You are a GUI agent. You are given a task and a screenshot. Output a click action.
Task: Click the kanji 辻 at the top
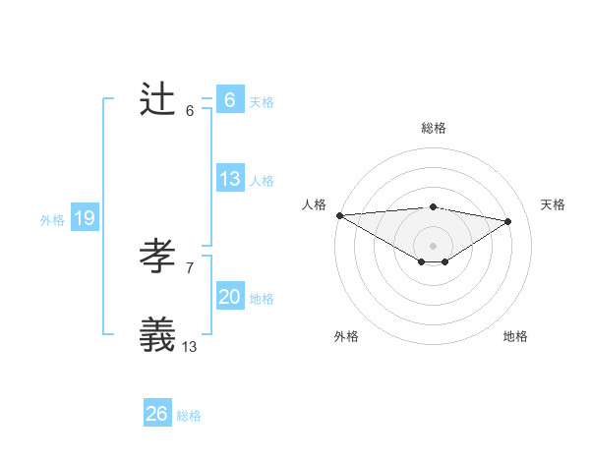pos(157,99)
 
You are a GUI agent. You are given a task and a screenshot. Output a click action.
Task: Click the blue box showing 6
pos(229,100)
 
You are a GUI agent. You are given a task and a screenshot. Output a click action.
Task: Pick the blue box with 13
pos(229,179)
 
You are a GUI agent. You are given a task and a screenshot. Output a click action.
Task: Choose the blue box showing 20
pos(229,297)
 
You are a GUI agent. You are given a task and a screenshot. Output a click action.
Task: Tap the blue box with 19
pos(84,218)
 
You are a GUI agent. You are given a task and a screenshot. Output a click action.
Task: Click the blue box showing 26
pos(156,414)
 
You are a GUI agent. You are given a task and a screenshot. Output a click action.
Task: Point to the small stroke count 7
pos(189,267)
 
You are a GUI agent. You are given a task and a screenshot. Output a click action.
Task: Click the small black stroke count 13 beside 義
pos(189,346)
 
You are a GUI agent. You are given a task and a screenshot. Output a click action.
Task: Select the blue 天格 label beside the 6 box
pos(262,101)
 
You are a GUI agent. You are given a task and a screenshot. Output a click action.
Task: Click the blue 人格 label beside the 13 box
pos(262,180)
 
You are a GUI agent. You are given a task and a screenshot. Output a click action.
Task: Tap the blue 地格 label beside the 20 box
pos(262,298)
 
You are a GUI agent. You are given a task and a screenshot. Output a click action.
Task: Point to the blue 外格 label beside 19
pos(52,220)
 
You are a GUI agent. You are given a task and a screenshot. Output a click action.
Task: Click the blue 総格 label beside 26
pos(189,416)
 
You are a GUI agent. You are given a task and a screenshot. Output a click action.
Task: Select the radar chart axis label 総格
pos(433,128)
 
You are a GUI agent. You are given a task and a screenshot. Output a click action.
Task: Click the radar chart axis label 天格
pos(554,204)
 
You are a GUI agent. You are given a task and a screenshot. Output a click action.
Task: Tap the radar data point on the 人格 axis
pos(339,214)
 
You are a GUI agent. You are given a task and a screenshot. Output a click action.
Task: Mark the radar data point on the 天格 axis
pos(508,220)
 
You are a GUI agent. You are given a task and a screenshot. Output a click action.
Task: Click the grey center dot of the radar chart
pos(433,245)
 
